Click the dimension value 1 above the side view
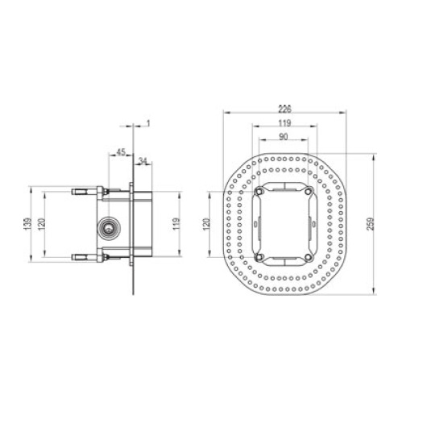pos(148,122)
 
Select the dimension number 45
pos(120,151)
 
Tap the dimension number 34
pos(143,161)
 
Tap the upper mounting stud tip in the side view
pos(77,192)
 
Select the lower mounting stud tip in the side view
pos(77,257)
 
